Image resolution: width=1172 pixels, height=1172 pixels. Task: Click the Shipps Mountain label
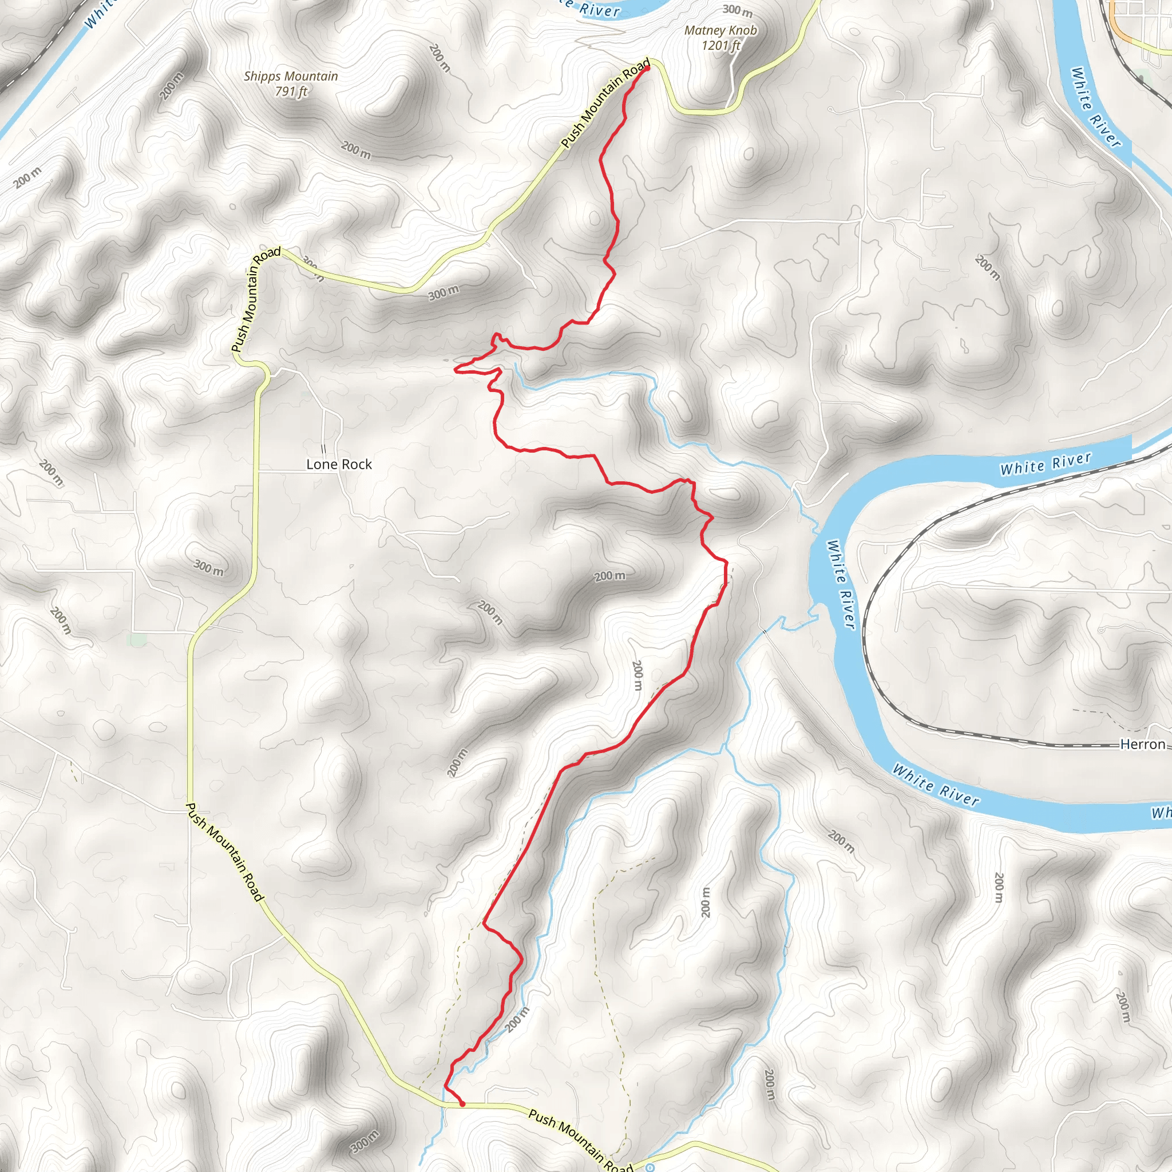click(291, 76)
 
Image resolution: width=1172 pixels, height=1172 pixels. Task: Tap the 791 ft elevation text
click(291, 92)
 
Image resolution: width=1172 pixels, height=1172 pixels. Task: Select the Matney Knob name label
click(720, 30)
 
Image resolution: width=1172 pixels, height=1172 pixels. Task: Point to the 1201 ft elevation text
click(720, 46)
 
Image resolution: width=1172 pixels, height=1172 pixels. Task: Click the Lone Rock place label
click(339, 464)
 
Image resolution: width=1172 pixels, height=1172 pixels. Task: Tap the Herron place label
click(1142, 745)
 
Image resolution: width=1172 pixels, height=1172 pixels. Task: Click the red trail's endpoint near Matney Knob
click(647, 69)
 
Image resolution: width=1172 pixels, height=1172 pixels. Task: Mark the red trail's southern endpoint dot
click(462, 1104)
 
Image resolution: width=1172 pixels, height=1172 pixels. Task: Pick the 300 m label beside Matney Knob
click(737, 10)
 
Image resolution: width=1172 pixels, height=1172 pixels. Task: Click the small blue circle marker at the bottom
click(650, 1167)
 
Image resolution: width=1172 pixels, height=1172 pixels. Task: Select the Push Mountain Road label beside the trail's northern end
click(605, 103)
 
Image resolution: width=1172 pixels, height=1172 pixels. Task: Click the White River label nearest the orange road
click(1095, 107)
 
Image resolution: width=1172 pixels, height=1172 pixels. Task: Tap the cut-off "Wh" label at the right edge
click(1161, 813)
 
